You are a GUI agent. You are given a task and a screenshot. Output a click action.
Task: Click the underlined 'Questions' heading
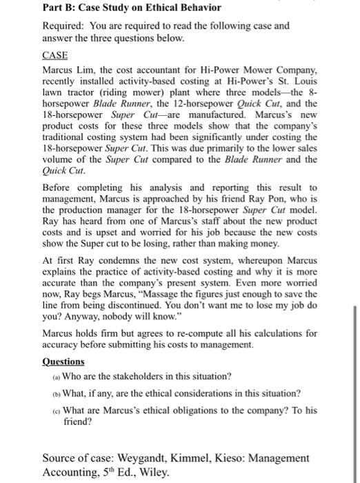[x=63, y=361]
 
